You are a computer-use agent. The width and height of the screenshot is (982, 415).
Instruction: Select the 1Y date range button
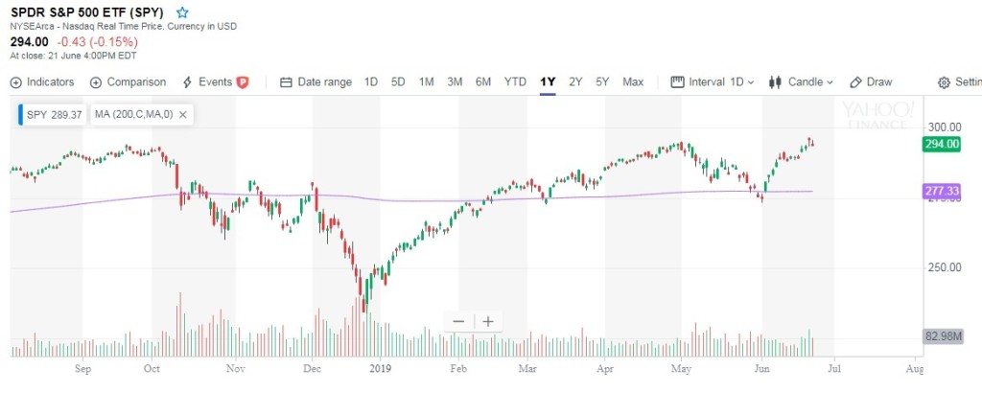pos(548,82)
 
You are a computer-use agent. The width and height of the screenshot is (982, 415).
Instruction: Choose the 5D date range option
pos(398,82)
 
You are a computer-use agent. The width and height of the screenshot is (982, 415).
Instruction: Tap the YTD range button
pos(515,82)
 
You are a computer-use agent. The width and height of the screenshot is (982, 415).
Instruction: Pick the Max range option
pos(633,82)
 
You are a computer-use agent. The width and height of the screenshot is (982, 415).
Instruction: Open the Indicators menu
pos(42,82)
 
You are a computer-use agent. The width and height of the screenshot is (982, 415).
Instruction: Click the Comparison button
pos(128,82)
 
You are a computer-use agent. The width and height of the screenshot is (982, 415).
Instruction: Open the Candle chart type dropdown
pos(802,82)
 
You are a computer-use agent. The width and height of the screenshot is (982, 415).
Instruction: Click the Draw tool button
pos(872,82)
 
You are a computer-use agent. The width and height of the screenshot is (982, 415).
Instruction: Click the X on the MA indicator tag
pos(182,115)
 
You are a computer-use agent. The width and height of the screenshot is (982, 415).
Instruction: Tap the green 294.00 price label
pos(941,144)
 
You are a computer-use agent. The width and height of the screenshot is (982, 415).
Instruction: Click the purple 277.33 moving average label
pos(941,192)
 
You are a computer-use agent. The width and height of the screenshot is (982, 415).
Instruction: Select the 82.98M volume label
pos(943,336)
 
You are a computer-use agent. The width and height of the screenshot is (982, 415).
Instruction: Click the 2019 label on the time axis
pos(381,367)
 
